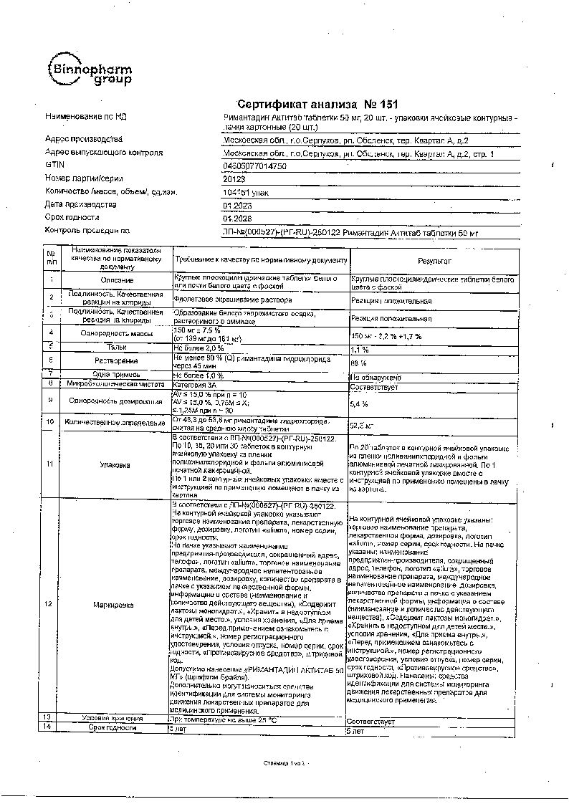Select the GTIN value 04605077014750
pos(255,166)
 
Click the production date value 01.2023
pos(238,205)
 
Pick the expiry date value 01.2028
pos(238,218)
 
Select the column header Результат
pos(432,261)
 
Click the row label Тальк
pos(115,347)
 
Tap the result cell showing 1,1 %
pos(359,350)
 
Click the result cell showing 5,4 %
pos(359,404)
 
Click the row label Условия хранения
pos(112,717)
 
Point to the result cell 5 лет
pos(357,729)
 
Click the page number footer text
pos(284,765)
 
